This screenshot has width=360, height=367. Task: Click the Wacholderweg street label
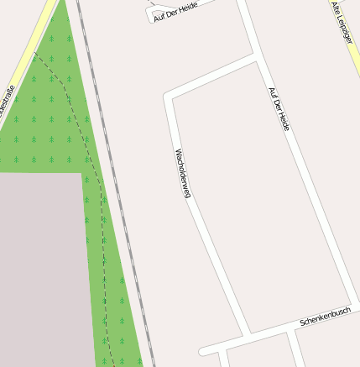[x=182, y=173]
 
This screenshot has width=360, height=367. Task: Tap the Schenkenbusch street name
[x=325, y=317]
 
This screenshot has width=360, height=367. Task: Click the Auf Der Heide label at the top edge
[x=175, y=10]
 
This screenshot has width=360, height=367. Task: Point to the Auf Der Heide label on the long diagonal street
[x=279, y=109]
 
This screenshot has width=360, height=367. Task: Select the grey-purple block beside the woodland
[x=42, y=269]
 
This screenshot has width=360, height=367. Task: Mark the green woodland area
[x=50, y=118]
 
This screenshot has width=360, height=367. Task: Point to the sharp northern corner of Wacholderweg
[x=170, y=96]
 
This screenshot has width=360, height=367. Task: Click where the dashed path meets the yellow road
[x=35, y=52]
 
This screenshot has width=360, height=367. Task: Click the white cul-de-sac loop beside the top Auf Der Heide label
[x=154, y=13]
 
